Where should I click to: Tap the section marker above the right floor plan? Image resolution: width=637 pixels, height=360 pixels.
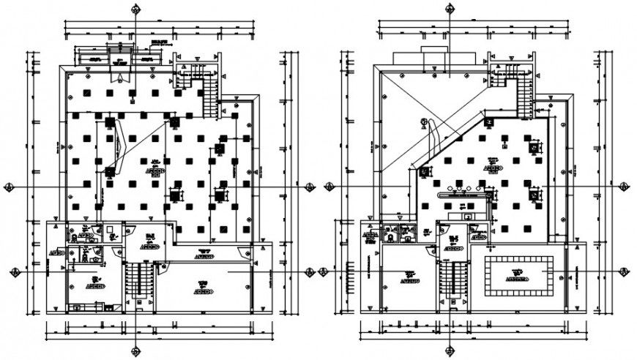tap(450, 9)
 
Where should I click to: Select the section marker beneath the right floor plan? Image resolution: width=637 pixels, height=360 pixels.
tap(450, 349)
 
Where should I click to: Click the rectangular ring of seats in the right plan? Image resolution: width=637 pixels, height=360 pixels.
tap(517, 275)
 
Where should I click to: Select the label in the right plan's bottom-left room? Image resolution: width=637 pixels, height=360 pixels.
tap(408, 276)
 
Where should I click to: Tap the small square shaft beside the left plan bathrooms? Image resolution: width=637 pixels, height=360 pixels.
tap(111, 236)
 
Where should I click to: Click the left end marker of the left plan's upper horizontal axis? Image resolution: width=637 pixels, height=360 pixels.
tap(9, 187)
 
